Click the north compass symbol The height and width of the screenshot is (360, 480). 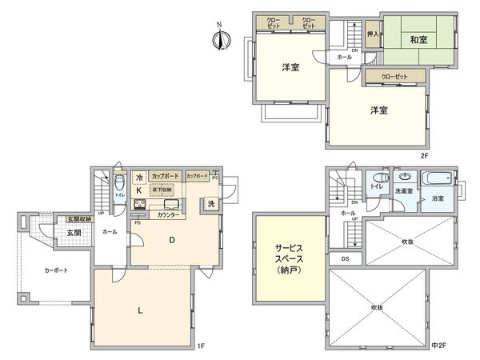pyautogui.click(x=222, y=37)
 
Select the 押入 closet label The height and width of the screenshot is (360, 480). pyautogui.click(x=373, y=35)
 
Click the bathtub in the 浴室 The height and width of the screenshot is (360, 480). pyautogui.click(x=437, y=178)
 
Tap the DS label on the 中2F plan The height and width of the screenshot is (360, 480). pyautogui.click(x=345, y=258)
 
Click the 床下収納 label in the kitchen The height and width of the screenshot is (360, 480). pyautogui.click(x=162, y=188)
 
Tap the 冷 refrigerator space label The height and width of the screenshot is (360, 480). pyautogui.click(x=138, y=177)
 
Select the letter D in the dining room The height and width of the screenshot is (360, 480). pyautogui.click(x=171, y=240)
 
